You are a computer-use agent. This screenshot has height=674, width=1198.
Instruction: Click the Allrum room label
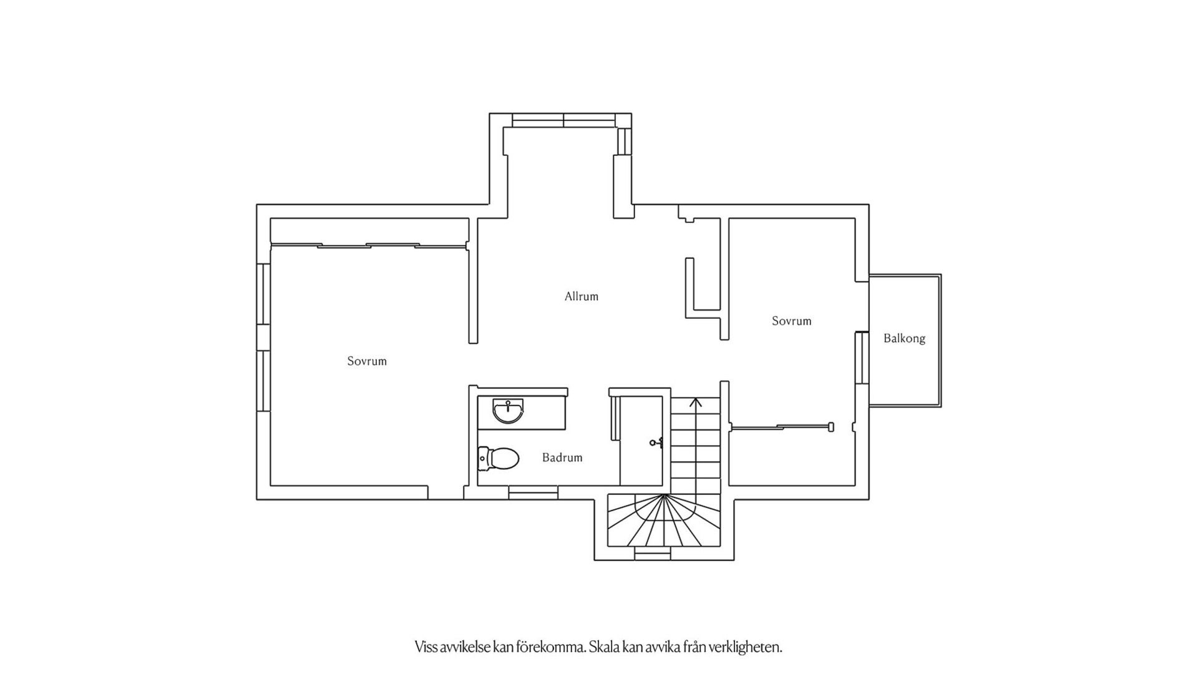pos(581,296)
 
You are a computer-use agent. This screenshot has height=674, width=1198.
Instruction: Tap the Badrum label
pos(562,457)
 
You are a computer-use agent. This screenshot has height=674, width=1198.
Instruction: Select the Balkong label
pos(904,338)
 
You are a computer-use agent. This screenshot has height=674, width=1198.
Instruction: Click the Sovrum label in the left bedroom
pos(367,361)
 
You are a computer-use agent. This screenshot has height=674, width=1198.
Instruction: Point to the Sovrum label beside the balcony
pos(791,321)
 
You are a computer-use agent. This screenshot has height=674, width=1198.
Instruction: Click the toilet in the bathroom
pos(499,459)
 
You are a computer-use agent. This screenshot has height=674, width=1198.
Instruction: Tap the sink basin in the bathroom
pos(508,411)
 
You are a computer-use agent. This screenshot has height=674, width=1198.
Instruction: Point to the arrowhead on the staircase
pos(696,402)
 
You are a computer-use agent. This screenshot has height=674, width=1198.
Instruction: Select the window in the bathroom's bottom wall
pos(533,493)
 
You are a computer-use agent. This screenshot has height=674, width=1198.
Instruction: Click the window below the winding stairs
pos(653,554)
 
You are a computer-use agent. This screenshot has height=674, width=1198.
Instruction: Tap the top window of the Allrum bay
pos(563,120)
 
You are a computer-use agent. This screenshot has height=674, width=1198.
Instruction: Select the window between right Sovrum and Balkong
pos(862,358)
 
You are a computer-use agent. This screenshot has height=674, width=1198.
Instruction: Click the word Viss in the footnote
pos(426,647)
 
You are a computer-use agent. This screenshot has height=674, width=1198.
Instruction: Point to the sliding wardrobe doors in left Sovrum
pos(369,246)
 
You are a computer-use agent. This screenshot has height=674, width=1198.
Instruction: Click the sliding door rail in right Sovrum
pos(781,427)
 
